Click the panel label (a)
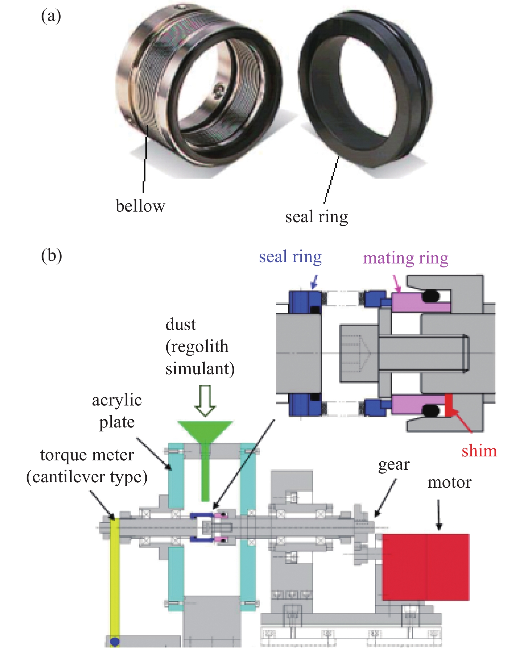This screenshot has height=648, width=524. pos(51,16)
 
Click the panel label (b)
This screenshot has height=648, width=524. pos(51,256)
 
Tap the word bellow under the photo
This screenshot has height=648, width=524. pos(140,206)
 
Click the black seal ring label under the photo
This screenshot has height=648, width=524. pos(316,217)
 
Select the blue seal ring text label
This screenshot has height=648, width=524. pos(290,257)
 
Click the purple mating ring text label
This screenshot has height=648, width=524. pos(405,258)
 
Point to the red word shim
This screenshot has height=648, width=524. pos(479,451)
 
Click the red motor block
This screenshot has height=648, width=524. pos(425,567)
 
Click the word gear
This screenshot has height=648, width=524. pos(394,465)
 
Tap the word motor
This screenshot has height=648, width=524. pos(449,482)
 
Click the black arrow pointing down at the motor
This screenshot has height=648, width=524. pos(438,514)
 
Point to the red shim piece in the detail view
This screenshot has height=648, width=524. pos(448,404)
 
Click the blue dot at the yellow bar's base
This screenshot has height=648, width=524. pos(114,641)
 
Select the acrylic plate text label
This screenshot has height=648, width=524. pos(117,411)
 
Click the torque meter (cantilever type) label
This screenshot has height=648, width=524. pos(87,466)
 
